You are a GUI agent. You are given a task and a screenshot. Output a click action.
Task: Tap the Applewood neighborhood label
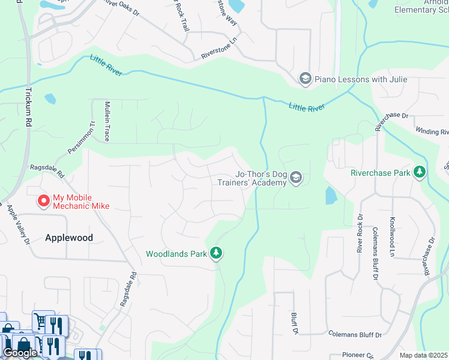(x=69, y=238)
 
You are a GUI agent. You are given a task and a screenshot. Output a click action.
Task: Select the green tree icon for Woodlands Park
(x=216, y=254)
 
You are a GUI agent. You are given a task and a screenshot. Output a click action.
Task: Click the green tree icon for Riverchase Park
(x=420, y=173)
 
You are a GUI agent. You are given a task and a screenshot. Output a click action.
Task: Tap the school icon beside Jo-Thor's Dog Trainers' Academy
(x=296, y=178)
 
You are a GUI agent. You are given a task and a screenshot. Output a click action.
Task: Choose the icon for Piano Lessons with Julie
(x=305, y=79)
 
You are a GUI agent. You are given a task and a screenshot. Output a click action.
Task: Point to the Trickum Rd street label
(x=28, y=107)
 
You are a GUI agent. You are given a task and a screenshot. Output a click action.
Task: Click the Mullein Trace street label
(x=106, y=121)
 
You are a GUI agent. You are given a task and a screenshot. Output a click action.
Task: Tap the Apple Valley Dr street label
(x=18, y=225)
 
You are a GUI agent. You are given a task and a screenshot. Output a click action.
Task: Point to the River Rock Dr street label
(x=360, y=233)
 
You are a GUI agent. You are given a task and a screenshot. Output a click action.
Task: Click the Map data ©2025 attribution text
(x=423, y=355)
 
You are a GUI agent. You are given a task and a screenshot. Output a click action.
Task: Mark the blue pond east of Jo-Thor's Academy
(x=331, y=195)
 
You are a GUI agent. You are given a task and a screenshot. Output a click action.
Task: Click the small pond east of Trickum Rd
(x=50, y=98)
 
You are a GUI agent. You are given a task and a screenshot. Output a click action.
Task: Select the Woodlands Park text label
(x=177, y=254)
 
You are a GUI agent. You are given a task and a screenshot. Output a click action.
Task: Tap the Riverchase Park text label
(x=381, y=173)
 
